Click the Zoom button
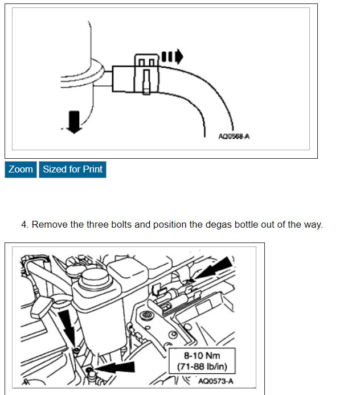(x=21, y=170)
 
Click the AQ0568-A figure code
(x=234, y=137)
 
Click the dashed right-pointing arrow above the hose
(x=172, y=56)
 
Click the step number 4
(x=24, y=224)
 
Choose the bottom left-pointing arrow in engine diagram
(x=117, y=368)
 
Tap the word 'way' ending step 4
(x=313, y=224)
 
